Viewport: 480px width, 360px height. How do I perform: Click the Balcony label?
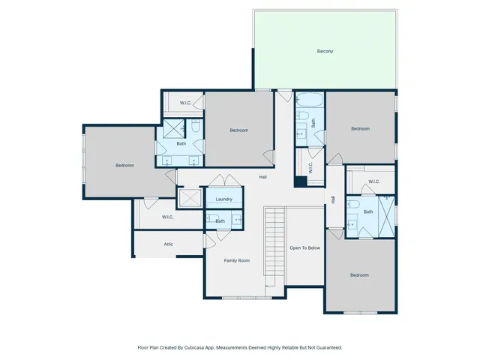(325, 51)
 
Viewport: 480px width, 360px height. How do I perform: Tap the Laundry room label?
(223, 199)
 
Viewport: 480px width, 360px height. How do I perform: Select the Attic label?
(169, 244)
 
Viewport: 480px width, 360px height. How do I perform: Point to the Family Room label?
(237, 260)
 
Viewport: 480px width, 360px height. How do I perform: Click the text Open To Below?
(305, 247)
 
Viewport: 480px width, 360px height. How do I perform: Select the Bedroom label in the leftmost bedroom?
(124, 165)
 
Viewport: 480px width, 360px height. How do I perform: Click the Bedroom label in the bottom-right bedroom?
(359, 275)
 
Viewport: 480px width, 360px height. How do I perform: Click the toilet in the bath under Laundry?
(210, 220)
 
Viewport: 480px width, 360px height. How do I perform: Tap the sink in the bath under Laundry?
(236, 219)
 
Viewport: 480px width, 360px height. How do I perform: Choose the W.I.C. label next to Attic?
(168, 217)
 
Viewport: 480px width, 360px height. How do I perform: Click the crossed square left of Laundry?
(190, 198)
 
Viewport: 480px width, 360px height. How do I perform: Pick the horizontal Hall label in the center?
(263, 177)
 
